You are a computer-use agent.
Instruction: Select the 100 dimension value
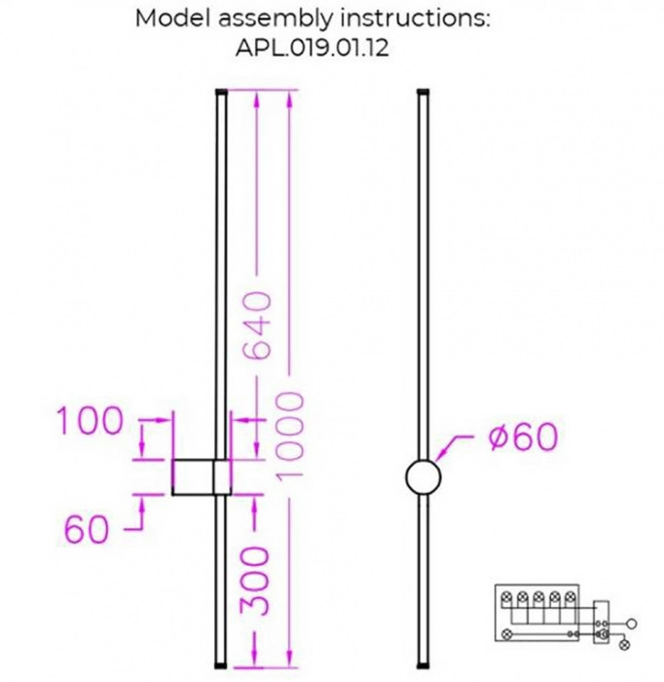(90, 422)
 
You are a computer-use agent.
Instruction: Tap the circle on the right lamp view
(424, 476)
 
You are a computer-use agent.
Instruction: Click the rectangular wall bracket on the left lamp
(200, 477)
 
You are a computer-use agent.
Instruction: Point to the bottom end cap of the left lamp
(220, 665)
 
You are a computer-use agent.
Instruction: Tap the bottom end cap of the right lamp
(424, 665)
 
